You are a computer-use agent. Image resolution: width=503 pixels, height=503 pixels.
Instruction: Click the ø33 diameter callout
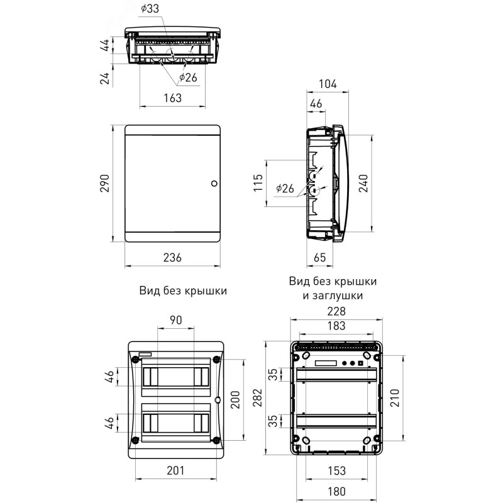tap(150, 9)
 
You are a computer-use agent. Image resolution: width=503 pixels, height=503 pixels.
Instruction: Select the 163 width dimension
tap(172, 98)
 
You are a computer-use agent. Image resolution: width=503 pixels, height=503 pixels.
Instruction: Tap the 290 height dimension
tap(105, 183)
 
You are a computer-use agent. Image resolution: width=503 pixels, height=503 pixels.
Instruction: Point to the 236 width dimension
tap(172, 257)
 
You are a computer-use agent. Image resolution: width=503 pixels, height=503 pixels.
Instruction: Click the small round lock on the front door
tap(214, 184)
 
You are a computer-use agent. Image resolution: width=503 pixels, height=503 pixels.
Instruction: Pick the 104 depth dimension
tap(328, 84)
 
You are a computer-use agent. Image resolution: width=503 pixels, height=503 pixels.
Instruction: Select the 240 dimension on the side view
tap(363, 183)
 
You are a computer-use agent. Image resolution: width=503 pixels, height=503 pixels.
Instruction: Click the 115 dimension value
tap(258, 183)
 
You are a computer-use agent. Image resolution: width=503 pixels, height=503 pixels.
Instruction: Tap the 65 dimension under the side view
tap(319, 257)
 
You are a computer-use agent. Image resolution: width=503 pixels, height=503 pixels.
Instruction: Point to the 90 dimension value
tap(176, 320)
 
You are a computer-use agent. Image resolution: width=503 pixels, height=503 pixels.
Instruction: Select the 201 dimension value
tap(176, 470)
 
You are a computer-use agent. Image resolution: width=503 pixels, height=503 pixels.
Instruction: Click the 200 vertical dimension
tap(235, 400)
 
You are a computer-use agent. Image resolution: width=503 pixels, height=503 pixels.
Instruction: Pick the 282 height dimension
tap(258, 398)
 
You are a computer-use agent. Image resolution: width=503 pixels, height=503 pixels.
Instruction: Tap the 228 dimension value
tap(336, 311)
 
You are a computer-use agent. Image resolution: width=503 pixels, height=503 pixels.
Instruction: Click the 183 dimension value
tap(336, 326)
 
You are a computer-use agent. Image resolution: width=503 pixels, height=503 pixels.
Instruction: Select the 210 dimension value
tap(395, 398)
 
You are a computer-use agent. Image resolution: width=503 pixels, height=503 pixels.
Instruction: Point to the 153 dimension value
tap(336, 470)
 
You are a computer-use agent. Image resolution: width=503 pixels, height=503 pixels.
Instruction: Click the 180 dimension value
tap(336, 492)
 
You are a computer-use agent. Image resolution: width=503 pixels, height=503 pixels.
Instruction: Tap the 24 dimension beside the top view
tap(105, 78)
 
